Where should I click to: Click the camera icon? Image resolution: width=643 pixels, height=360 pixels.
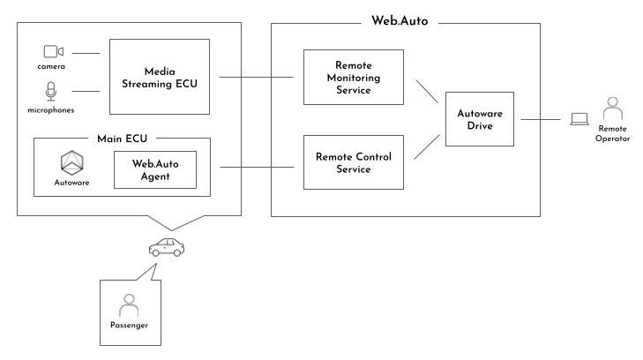pos(53,52)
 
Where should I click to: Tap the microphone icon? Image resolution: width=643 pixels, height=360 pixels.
pos(50,91)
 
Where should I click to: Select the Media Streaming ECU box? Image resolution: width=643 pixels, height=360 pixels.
pos(159,76)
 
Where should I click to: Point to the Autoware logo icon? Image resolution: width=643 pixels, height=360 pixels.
pos(71,162)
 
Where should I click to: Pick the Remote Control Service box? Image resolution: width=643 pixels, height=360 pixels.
pos(353,161)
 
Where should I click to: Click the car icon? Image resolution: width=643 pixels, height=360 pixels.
pos(167,248)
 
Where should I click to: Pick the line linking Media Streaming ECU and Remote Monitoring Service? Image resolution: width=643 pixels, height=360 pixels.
pos(260,77)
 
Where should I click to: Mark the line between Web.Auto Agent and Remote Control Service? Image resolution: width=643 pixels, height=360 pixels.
pos(260,168)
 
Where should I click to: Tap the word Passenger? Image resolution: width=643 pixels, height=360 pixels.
pos(129,326)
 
